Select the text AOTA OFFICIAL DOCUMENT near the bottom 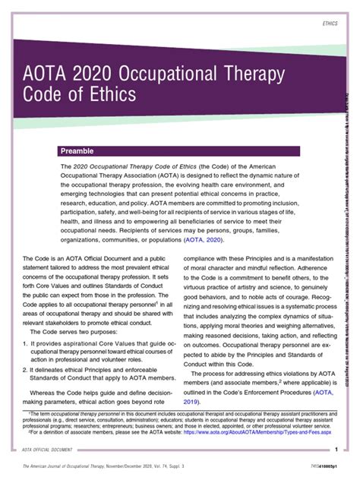(48, 451)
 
